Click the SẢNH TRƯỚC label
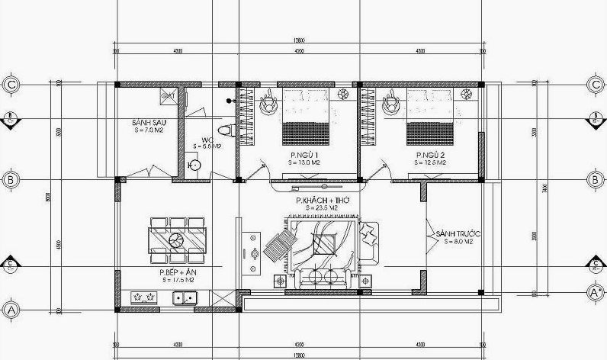[x=454, y=233]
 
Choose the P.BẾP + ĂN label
[x=175, y=272]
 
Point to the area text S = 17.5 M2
[x=175, y=280]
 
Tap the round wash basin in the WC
[x=194, y=165]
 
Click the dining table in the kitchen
[x=176, y=240]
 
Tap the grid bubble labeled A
[x=11, y=310]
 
